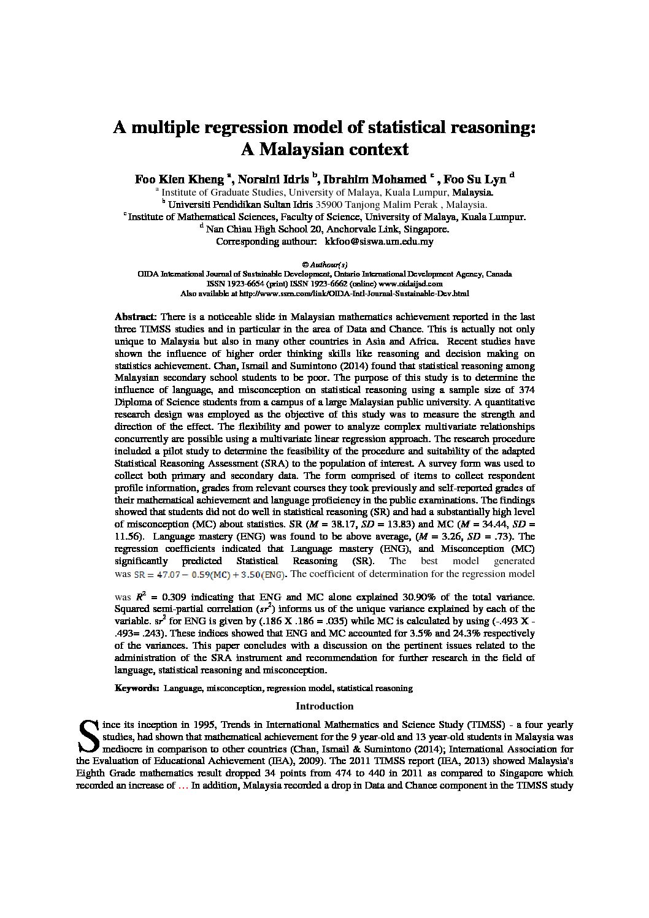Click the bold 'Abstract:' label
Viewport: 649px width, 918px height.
pyautogui.click(x=136, y=317)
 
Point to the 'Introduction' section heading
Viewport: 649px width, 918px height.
pyautogui.click(x=324, y=706)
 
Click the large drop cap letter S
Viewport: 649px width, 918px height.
pyautogui.click(x=88, y=735)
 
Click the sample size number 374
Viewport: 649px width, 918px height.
pyautogui.click(x=525, y=390)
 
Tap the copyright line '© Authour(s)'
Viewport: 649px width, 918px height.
pyautogui.click(x=324, y=264)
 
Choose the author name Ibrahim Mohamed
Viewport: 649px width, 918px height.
pyautogui.click(x=374, y=180)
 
